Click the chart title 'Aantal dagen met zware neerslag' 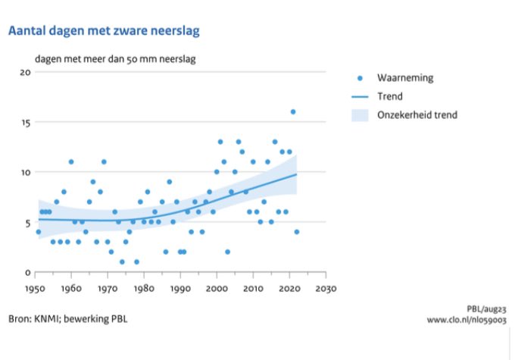pyautogui.click(x=104, y=31)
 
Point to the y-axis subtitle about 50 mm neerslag pyautogui.click(x=120, y=58)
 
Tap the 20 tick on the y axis pyautogui.click(x=23, y=73)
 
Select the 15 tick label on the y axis pyautogui.click(x=23, y=123)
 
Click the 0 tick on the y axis pyautogui.click(x=27, y=272)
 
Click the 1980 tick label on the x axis pyautogui.click(x=144, y=289)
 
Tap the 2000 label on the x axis pyautogui.click(x=217, y=289)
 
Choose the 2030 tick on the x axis pyautogui.click(x=326, y=289)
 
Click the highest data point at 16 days pyautogui.click(x=293, y=112)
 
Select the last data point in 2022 pyautogui.click(x=297, y=232)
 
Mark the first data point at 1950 pyautogui.click(x=38, y=232)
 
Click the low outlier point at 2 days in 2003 pyautogui.click(x=228, y=252)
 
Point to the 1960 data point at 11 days pyautogui.click(x=71, y=161)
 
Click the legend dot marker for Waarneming pyautogui.click(x=360, y=78)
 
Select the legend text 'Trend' pyautogui.click(x=391, y=97)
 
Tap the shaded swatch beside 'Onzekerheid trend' pyautogui.click(x=360, y=115)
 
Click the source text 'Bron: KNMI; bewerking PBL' pyautogui.click(x=68, y=318)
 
